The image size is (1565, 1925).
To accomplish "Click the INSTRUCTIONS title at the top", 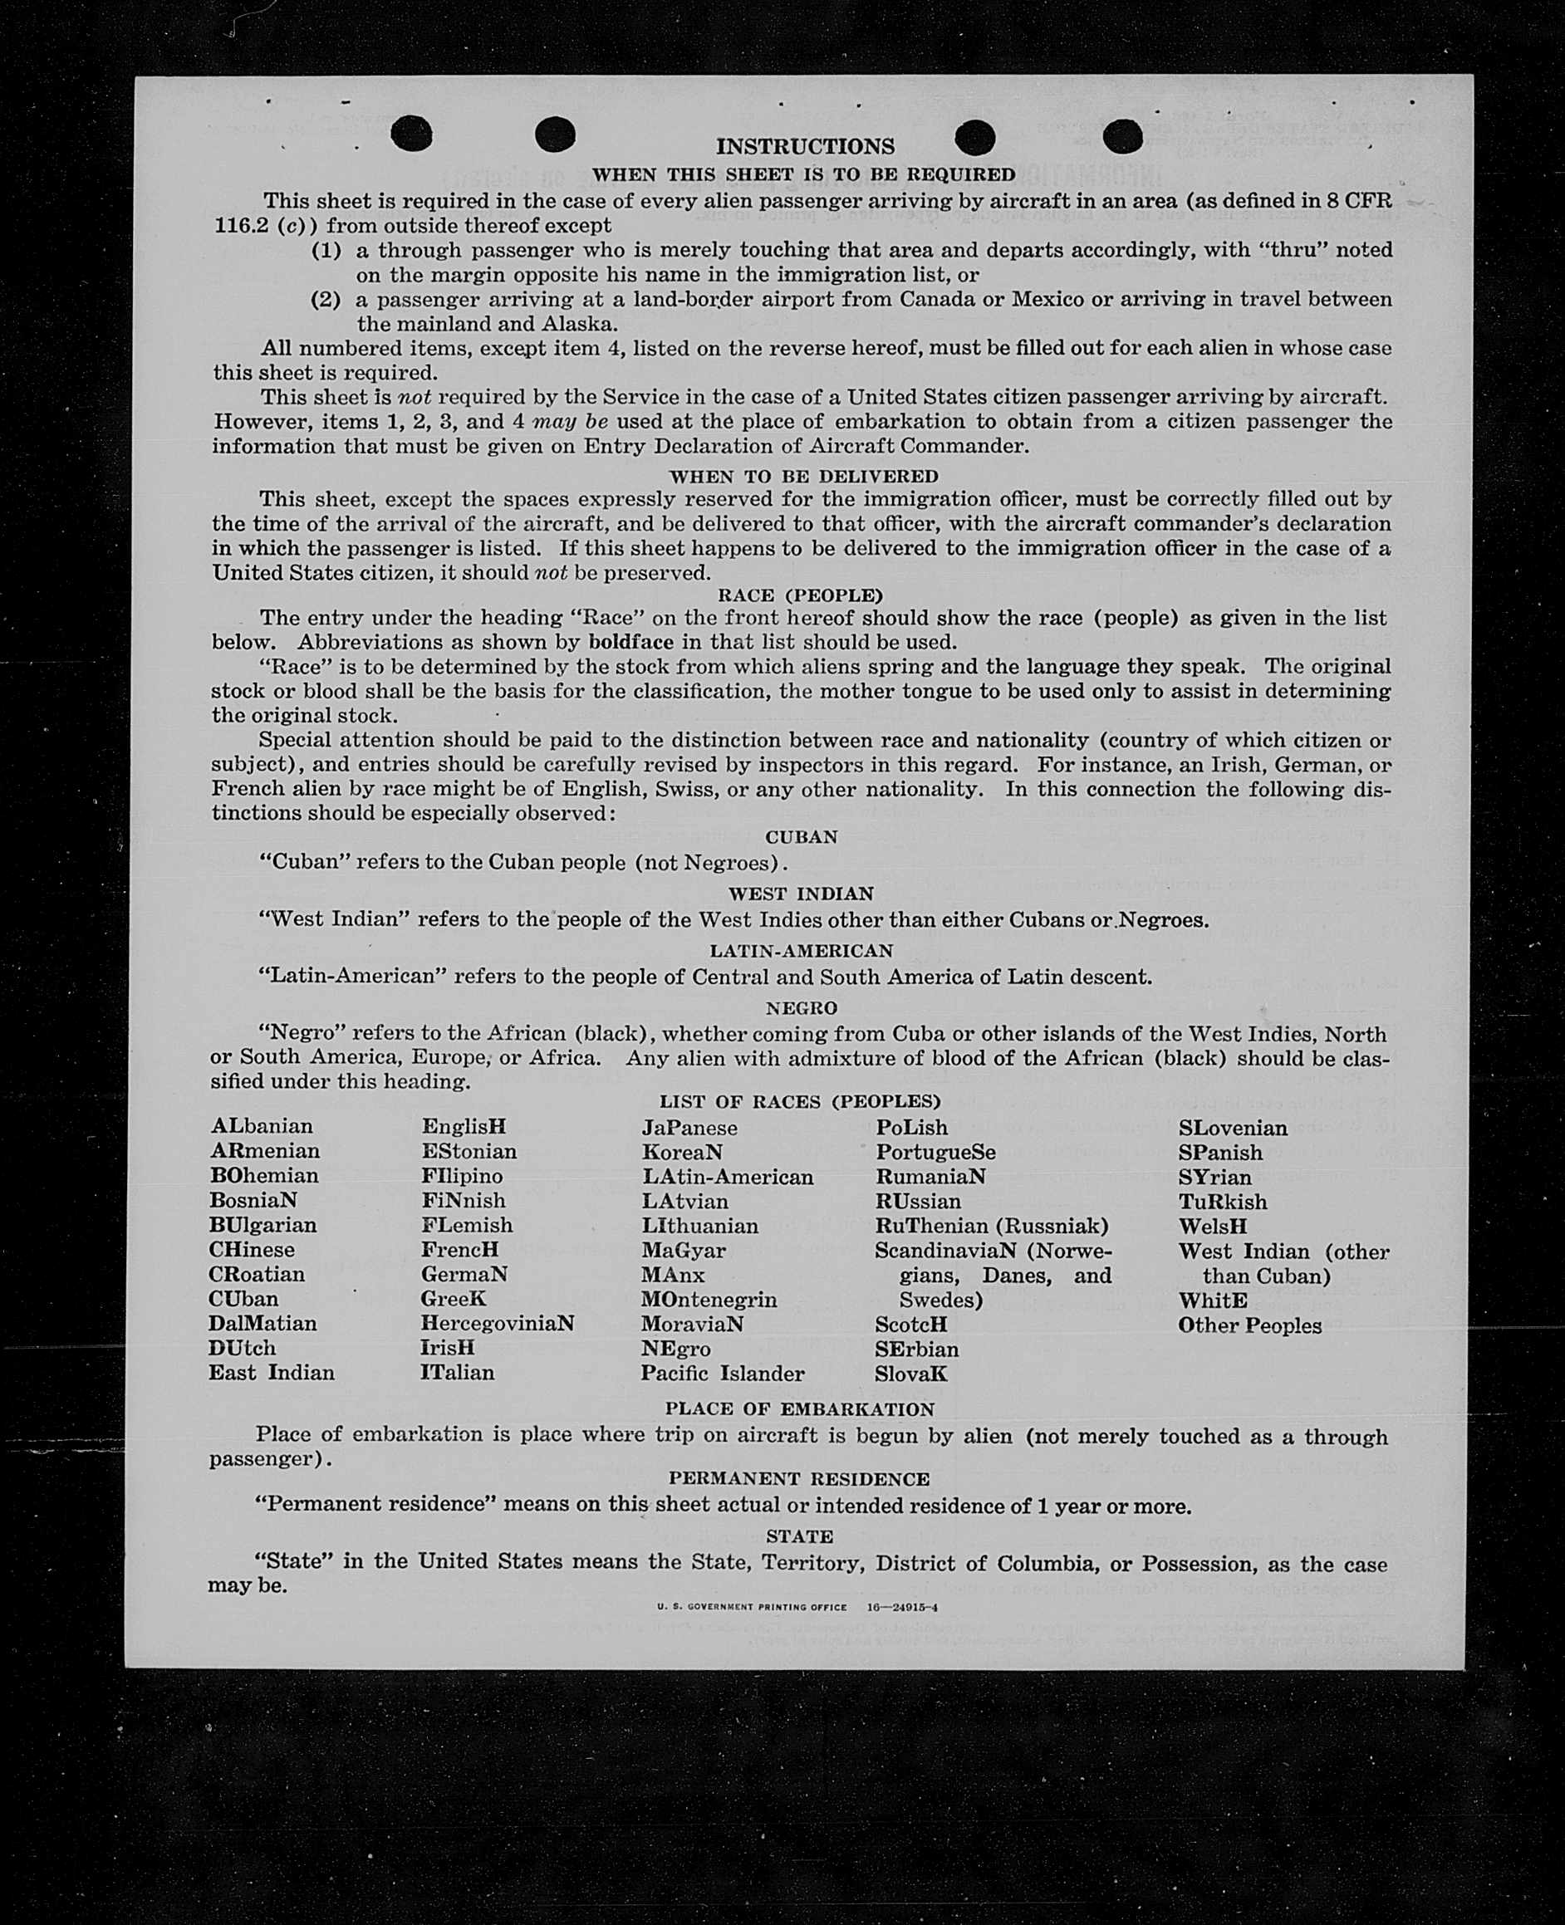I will point(804,146).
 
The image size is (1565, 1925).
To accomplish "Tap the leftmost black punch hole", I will point(411,135).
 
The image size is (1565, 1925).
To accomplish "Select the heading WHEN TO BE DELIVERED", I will point(803,476).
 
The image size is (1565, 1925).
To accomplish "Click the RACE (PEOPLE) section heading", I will point(800,595).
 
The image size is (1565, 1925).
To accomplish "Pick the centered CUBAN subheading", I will point(802,836).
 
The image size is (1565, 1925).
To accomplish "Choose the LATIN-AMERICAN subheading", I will point(801,951).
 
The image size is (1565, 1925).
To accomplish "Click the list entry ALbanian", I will point(262,1127).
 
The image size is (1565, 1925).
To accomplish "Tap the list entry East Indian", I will point(272,1373).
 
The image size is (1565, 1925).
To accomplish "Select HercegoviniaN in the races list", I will point(497,1323).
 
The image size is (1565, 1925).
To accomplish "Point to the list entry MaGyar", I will point(684,1250).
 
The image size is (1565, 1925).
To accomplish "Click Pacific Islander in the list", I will point(722,1374).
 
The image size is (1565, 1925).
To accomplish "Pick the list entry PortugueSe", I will point(935,1152).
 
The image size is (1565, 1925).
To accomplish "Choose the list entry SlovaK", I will point(910,1374).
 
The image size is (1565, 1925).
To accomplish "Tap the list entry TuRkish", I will point(1223,1203).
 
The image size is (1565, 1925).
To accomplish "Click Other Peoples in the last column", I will point(1249,1325).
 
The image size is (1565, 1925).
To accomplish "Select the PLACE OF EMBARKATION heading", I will point(800,1408).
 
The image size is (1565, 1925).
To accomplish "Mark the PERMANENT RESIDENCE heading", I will point(799,1479).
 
